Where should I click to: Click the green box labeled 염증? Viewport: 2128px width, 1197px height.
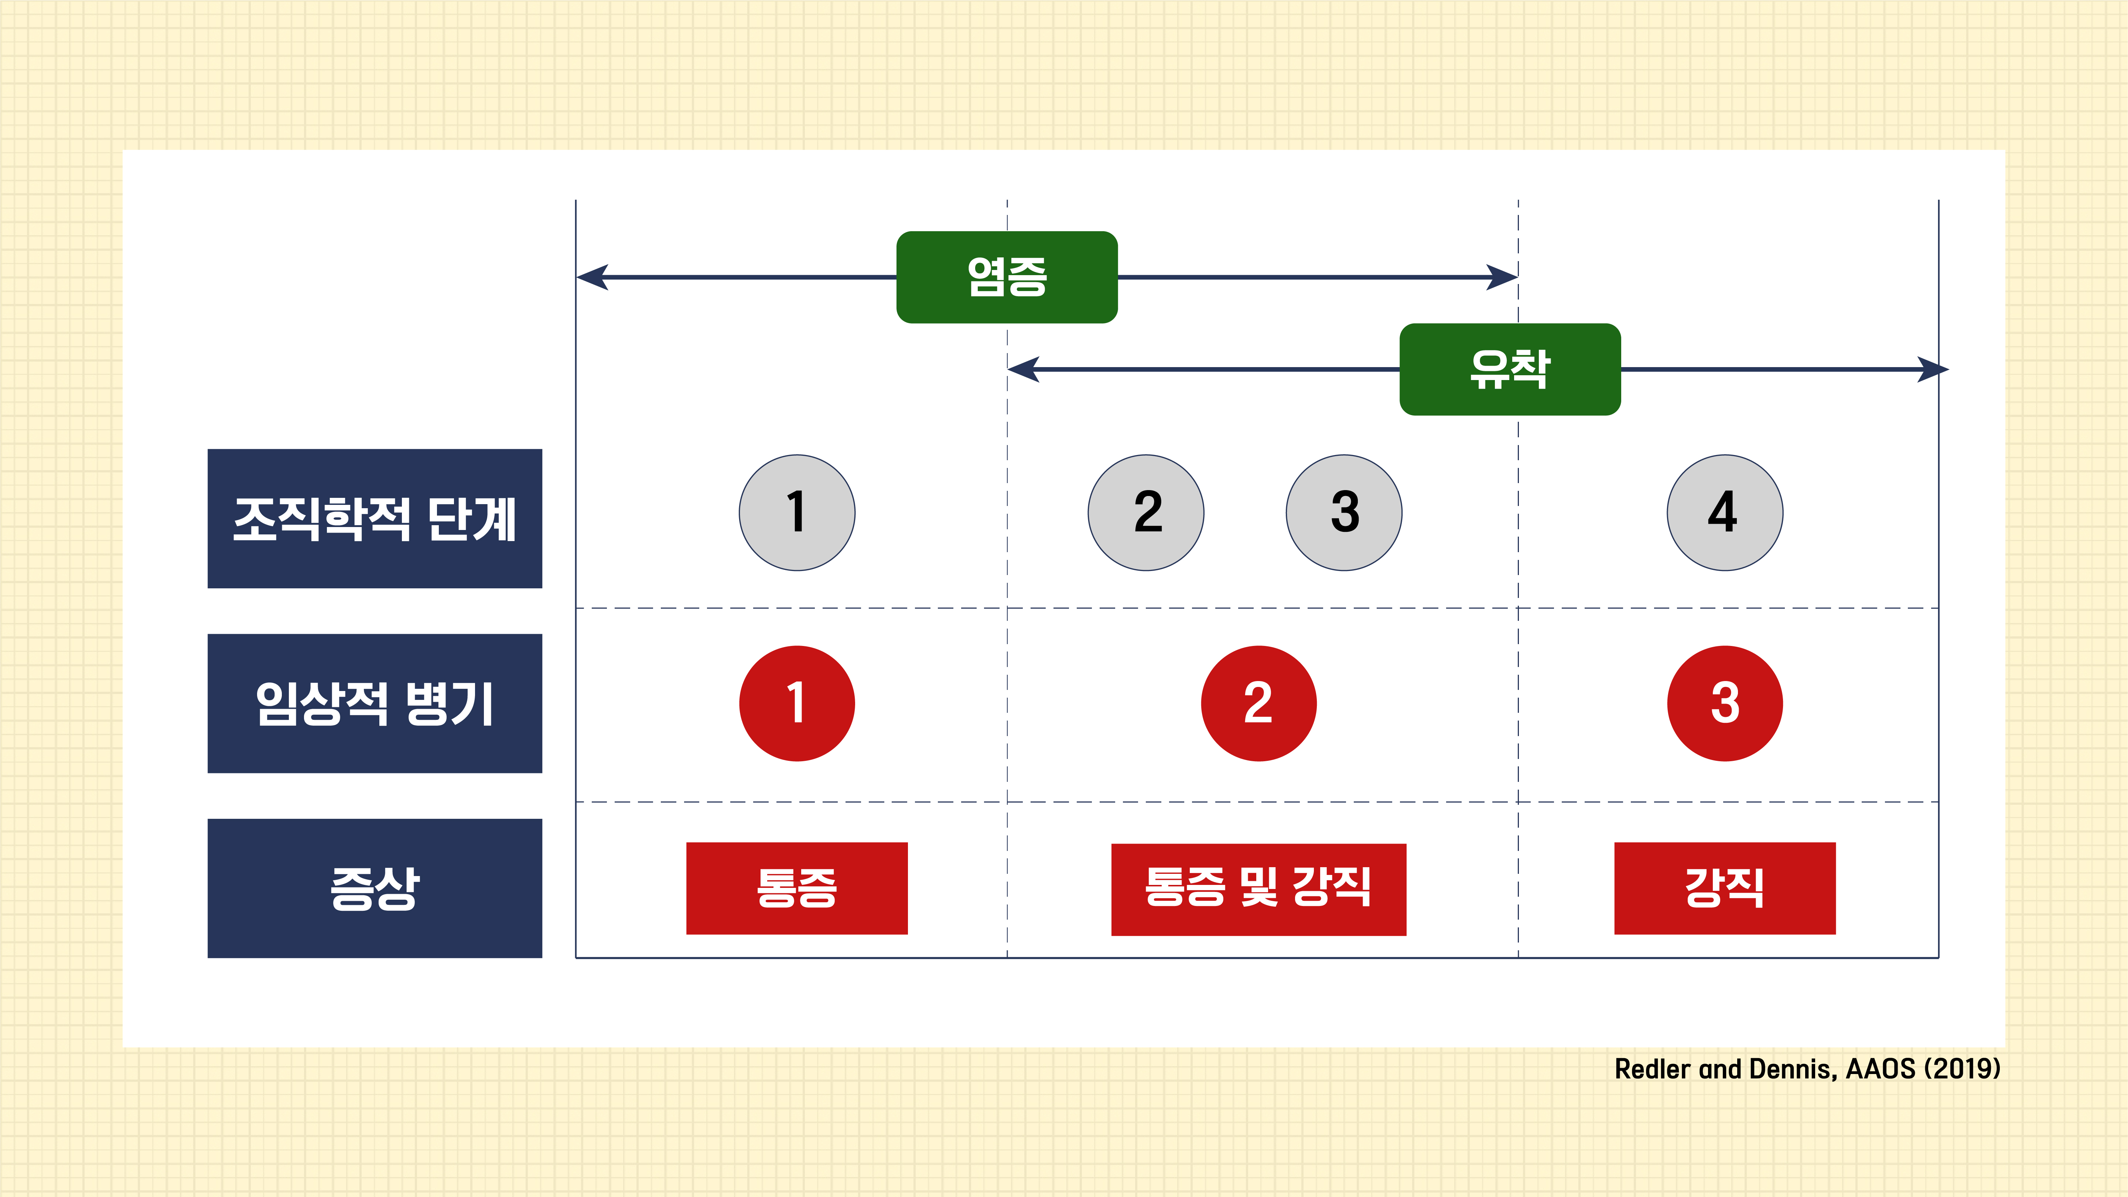pos(1007,277)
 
